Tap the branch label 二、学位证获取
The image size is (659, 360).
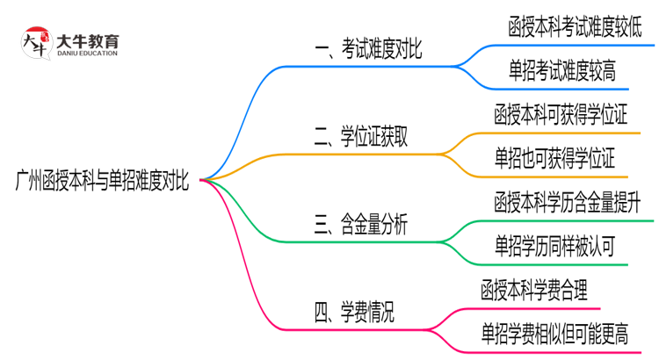tap(360, 136)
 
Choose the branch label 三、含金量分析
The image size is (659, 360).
tap(360, 226)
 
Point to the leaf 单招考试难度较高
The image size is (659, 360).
tap(561, 70)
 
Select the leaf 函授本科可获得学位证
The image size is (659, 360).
tap(560, 114)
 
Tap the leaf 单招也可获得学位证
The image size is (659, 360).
tap(554, 158)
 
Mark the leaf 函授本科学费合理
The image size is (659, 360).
tap(535, 289)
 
